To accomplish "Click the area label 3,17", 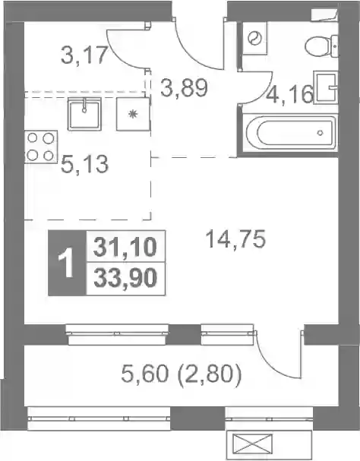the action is tap(84, 55).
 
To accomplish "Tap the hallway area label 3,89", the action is tap(184, 88).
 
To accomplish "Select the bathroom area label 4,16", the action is tap(289, 95).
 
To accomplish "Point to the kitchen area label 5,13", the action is tap(85, 164).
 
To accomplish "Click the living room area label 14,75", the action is tap(236, 238).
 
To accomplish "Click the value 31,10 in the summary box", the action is tap(125, 247).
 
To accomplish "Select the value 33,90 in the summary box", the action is tap(125, 278).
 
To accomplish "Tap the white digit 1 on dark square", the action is tap(66, 263).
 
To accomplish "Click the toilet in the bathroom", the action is tap(322, 46).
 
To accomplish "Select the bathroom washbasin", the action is tap(326, 87).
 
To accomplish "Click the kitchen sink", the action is tap(85, 114).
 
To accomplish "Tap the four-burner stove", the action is tap(40, 147).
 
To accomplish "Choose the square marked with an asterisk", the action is tap(133, 114).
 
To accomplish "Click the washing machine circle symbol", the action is tap(254, 38).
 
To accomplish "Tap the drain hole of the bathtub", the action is tap(320, 133).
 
